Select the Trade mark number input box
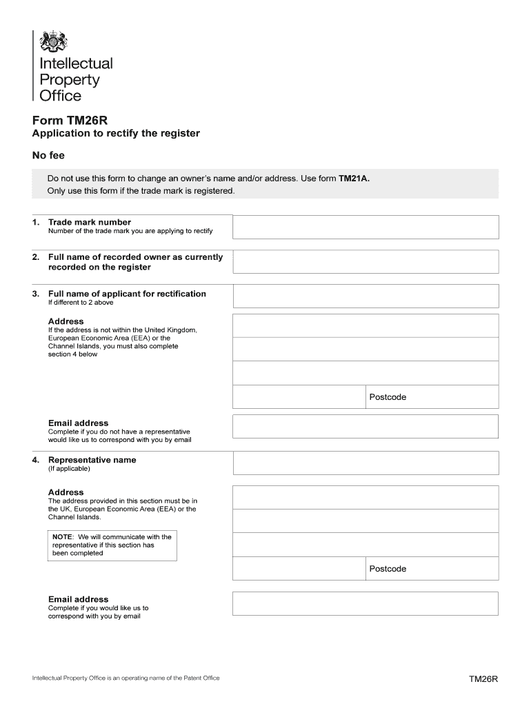(365, 227)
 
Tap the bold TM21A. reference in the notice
(354, 179)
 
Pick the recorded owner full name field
(365, 261)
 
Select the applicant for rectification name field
(365, 296)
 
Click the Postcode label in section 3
(388, 397)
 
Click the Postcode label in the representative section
(388, 569)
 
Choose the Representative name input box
(365, 463)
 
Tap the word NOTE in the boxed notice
(63, 536)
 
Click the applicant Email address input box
(365, 426)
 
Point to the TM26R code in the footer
(483, 679)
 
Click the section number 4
(35, 460)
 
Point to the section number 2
(35, 257)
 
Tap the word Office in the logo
(61, 96)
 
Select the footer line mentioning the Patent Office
(126, 678)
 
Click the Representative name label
(92, 460)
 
